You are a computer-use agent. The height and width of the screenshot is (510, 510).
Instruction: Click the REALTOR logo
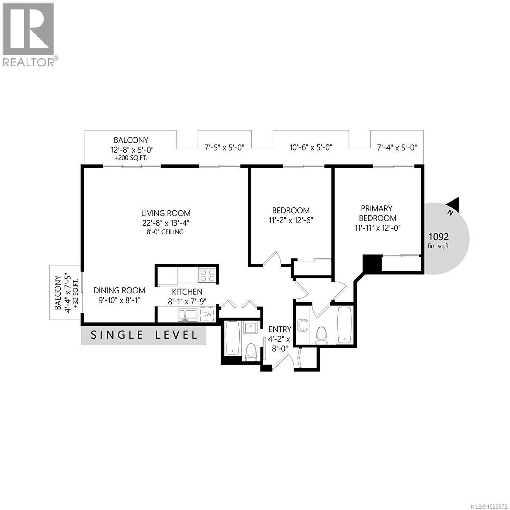pos(28,34)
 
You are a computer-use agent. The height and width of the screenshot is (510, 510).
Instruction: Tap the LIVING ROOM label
pos(166,213)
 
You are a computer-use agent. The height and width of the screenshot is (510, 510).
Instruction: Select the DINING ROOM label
pos(119,291)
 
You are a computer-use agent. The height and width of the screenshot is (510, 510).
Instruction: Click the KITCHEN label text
pos(187,292)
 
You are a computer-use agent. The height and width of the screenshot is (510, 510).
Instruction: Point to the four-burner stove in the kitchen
pos(207,275)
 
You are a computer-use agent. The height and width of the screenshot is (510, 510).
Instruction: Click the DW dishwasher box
pos(207,314)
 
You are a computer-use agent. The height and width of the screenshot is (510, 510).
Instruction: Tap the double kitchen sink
pos(188,314)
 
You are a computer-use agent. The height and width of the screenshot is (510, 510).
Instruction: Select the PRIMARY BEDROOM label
pos(376,213)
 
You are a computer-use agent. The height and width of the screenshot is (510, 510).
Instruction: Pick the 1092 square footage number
pos(438,237)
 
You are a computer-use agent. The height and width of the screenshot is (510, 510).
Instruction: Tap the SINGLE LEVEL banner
pos(144,335)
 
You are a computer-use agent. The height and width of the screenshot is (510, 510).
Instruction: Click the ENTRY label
pos(280,329)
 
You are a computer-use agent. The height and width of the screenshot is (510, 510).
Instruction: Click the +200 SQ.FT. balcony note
pos(130,158)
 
